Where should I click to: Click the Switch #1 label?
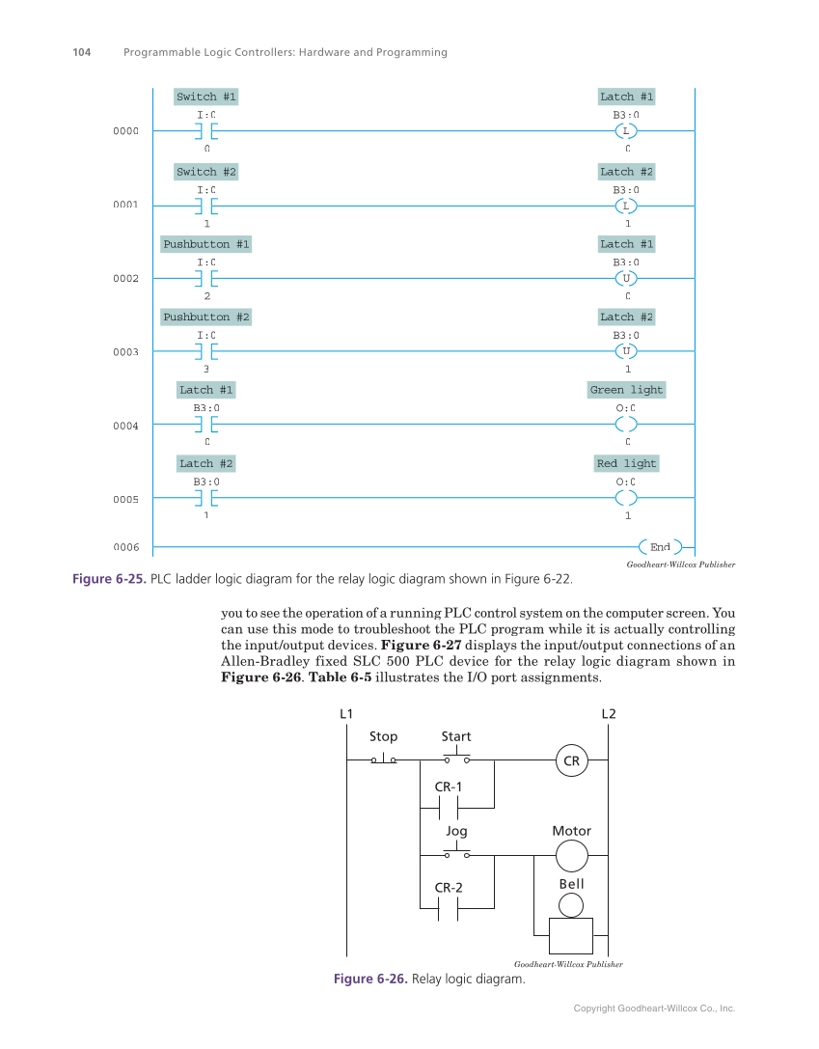coord(205,97)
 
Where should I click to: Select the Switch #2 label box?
coord(205,172)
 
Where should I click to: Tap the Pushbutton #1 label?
coord(205,244)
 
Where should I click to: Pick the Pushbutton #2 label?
coord(205,317)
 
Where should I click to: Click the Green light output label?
coord(626,390)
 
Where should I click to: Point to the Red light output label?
coord(626,463)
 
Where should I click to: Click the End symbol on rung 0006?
coord(660,547)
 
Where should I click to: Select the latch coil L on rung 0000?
coord(626,131)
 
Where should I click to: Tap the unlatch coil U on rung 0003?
coord(626,351)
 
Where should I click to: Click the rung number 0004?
coord(125,426)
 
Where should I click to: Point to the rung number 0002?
coord(125,278)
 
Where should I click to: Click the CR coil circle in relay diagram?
coord(571,761)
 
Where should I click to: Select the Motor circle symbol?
coord(571,855)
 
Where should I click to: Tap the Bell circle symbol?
coord(571,904)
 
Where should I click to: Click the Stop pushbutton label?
coord(383,736)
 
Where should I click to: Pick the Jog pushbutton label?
coord(456,830)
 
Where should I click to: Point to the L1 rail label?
coord(346,714)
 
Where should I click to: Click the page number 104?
coord(82,52)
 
